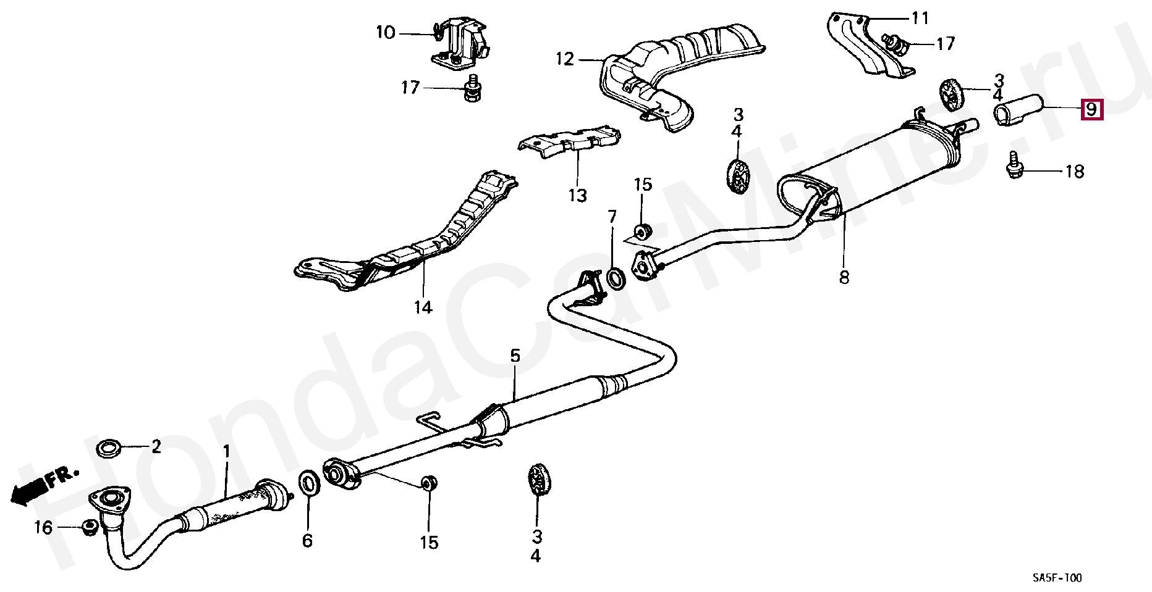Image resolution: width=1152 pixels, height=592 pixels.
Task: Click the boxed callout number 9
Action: click(x=1091, y=110)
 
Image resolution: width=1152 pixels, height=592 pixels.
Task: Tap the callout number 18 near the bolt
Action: click(x=1075, y=171)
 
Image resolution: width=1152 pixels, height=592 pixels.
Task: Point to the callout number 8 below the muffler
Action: click(x=844, y=277)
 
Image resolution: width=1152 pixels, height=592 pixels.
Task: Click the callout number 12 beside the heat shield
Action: click(x=565, y=59)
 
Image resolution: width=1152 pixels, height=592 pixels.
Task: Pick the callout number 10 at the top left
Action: click(x=385, y=32)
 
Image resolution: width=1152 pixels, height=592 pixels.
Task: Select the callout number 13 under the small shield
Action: click(x=577, y=196)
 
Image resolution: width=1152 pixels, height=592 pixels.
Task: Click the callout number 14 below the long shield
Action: click(x=423, y=306)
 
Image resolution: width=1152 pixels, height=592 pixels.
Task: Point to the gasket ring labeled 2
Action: click(x=110, y=447)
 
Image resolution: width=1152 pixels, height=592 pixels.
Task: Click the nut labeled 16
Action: click(x=88, y=527)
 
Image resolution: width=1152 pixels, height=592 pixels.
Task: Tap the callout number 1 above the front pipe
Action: click(x=226, y=451)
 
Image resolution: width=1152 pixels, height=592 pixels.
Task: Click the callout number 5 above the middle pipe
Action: click(x=515, y=356)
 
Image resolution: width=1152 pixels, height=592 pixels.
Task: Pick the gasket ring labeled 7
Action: click(x=616, y=278)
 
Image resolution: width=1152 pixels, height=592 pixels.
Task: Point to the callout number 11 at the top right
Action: click(x=920, y=19)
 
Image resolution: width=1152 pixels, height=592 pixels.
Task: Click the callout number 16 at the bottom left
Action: click(x=43, y=527)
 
